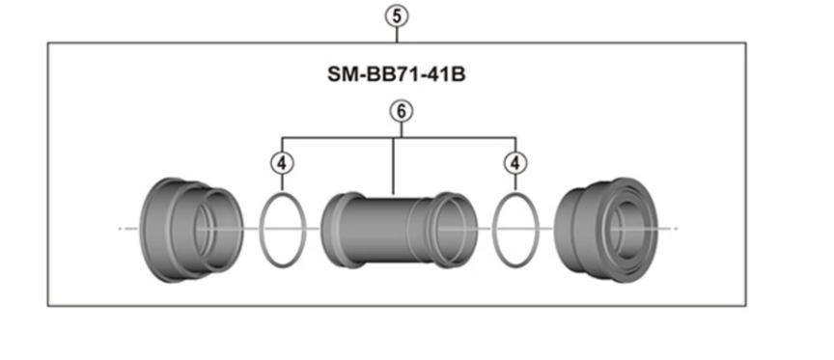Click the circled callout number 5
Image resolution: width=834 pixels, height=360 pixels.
(x=398, y=14)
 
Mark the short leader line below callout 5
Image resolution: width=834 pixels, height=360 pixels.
(x=398, y=33)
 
